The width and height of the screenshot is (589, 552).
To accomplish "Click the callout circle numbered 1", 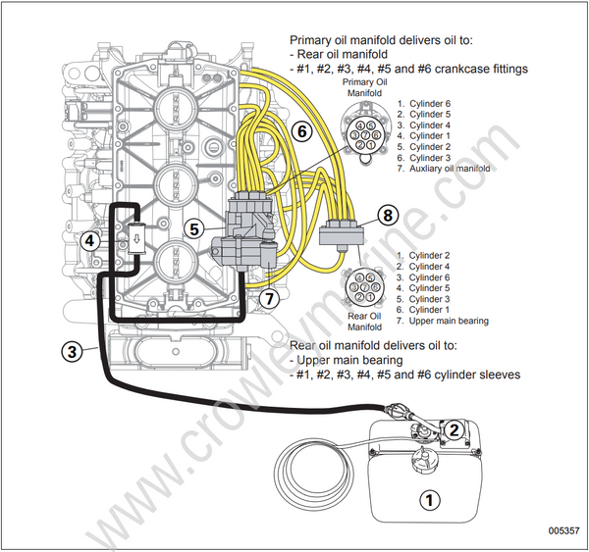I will click(428, 498).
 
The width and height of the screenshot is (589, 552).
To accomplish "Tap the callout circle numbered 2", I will click(454, 427).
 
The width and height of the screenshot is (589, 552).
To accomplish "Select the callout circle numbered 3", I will click(72, 350).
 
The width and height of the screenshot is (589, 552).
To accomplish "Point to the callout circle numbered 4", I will click(90, 239).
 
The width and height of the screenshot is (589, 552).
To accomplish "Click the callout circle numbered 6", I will click(302, 130).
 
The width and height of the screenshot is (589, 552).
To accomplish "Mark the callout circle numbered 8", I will click(389, 214).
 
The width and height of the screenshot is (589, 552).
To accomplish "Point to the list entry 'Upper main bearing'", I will click(449, 321).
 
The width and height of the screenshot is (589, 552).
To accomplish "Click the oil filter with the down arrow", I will click(136, 238).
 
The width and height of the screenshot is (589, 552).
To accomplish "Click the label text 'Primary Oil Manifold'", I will click(364, 89).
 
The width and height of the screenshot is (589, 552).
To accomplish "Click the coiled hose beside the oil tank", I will click(313, 468).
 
